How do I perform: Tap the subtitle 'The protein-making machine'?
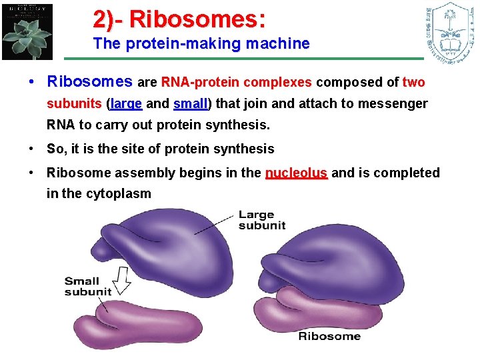pyautogui.click(x=201, y=44)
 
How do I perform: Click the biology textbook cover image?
pyautogui.click(x=27, y=31)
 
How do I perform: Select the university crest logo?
pyautogui.click(x=449, y=31)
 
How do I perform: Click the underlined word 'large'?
pyautogui.click(x=126, y=104)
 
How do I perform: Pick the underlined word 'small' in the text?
pyautogui.click(x=190, y=104)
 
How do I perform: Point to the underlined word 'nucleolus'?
pyautogui.click(x=296, y=173)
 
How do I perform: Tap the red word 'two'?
pyautogui.click(x=413, y=83)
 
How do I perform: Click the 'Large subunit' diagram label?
pyautogui.click(x=261, y=219)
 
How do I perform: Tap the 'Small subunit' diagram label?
pyautogui.click(x=87, y=286)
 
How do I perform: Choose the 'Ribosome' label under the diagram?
pyautogui.click(x=329, y=336)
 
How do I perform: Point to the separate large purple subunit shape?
pyautogui.click(x=164, y=247)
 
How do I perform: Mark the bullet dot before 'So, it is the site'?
pyautogui.click(x=32, y=149)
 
